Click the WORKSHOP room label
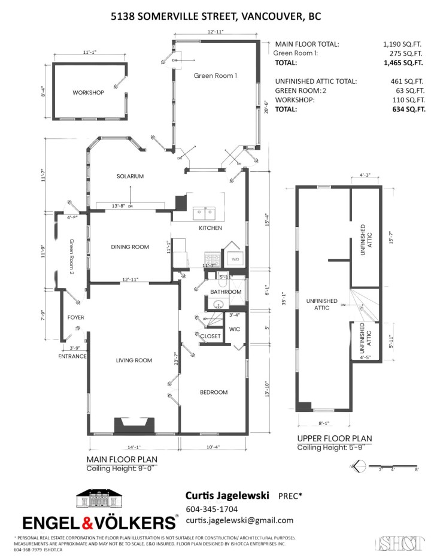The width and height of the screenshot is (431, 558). tap(88, 93)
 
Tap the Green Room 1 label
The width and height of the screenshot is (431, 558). tap(215, 75)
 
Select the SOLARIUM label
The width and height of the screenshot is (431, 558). tap(130, 176)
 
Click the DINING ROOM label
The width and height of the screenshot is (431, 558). tap(130, 247)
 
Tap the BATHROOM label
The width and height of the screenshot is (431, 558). tap(226, 292)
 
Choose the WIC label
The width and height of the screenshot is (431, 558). tap(235, 329)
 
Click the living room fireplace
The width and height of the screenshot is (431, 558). tap(135, 426)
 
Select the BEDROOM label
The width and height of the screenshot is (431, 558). tap(214, 392)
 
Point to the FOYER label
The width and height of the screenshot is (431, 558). tap(75, 318)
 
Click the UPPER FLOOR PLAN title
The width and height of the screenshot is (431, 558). tap(334, 439)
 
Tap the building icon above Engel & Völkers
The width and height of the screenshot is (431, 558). tap(99, 500)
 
